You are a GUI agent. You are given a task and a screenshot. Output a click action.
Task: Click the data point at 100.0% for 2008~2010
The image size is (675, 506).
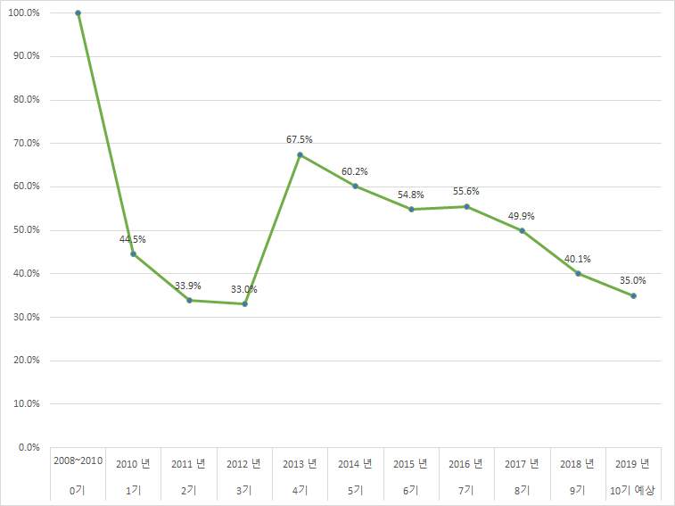tap(78, 13)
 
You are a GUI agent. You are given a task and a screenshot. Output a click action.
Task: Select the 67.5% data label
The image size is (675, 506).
tap(300, 139)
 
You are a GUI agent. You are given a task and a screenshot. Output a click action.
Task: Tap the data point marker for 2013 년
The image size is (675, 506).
tap(300, 154)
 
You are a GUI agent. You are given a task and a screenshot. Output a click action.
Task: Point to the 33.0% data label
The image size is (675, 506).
tap(244, 289)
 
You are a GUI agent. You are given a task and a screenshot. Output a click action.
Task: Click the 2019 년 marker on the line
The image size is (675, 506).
tap(633, 295)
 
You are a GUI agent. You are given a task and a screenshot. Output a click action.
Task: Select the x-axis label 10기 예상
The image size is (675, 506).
tap(633, 490)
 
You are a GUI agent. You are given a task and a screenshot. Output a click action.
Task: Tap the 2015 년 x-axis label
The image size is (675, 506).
tap(411, 464)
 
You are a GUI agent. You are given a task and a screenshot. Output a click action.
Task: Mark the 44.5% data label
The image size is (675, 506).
tap(133, 239)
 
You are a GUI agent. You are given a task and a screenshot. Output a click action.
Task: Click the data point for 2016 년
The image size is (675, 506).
tap(466, 206)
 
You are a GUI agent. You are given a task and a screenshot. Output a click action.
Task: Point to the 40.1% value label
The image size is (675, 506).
tap(578, 259)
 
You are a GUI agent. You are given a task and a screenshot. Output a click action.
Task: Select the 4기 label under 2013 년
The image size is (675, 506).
tap(300, 490)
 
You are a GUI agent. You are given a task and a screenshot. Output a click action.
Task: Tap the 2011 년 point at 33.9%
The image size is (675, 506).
tap(189, 300)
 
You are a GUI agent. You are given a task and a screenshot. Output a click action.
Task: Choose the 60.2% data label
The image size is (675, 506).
tap(355, 171)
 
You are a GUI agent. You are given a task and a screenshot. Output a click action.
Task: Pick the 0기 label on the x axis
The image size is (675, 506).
tap(78, 490)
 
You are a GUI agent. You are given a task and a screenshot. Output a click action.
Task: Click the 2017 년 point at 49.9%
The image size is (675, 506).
tap(522, 230)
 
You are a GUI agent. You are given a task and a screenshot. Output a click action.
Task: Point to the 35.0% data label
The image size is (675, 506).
tap(633, 280)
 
